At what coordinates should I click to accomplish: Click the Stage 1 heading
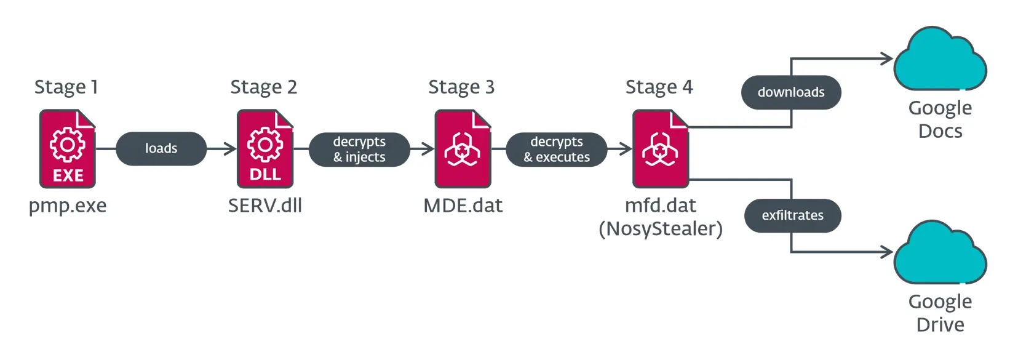click(x=66, y=87)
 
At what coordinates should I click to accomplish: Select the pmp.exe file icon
click(x=68, y=149)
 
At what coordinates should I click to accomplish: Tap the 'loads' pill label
click(x=161, y=148)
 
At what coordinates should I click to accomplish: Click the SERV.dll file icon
click(x=265, y=149)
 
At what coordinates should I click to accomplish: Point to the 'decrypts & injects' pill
click(x=359, y=150)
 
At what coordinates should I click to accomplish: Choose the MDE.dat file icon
click(x=463, y=149)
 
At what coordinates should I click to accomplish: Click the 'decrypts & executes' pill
click(x=557, y=150)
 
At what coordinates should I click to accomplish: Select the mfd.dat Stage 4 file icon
click(x=661, y=149)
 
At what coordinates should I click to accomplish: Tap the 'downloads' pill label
click(x=791, y=92)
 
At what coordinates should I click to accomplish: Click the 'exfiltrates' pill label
click(x=792, y=215)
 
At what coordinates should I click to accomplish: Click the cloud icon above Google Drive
click(x=940, y=254)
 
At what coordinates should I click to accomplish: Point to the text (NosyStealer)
click(x=661, y=229)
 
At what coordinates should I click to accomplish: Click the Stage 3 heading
click(x=461, y=87)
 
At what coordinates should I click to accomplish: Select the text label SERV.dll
click(x=265, y=206)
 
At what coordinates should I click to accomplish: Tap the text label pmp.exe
click(x=68, y=206)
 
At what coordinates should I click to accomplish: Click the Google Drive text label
click(x=940, y=313)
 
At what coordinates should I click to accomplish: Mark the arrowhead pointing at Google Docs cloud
click(x=888, y=59)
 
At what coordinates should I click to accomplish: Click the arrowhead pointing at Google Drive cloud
click(x=888, y=252)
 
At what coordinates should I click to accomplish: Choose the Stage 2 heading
click(x=264, y=87)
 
